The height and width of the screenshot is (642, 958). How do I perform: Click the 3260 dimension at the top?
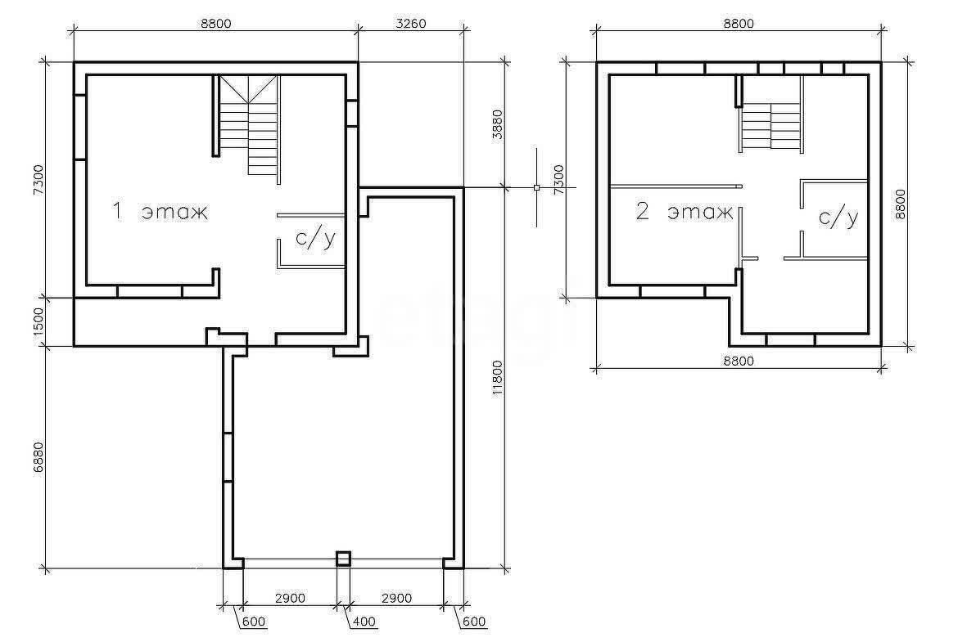coord(410,24)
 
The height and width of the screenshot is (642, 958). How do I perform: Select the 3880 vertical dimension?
coord(497,124)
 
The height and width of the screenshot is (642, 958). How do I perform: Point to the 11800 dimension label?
coord(497,379)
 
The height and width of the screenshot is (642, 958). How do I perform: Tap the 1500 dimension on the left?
coord(38,321)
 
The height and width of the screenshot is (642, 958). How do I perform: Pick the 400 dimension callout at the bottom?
coord(364,622)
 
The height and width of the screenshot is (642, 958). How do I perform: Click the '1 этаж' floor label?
coord(160,212)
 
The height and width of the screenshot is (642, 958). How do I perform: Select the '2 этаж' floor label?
coord(685,212)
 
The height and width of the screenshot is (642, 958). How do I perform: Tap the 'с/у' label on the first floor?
coord(315,238)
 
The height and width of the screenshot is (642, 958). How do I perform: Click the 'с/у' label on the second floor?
coord(838,218)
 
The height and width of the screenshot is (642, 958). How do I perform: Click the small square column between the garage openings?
coord(344,559)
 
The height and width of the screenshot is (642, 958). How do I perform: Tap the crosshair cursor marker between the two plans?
coord(536,187)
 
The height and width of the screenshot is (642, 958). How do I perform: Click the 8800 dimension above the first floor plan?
coord(215,24)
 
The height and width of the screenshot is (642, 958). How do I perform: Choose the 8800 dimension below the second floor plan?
coord(739,361)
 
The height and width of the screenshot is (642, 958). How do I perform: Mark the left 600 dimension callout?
coord(254,622)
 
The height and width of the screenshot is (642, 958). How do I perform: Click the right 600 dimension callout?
coord(474,622)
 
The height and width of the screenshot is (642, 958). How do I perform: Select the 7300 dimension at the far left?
coord(38,179)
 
